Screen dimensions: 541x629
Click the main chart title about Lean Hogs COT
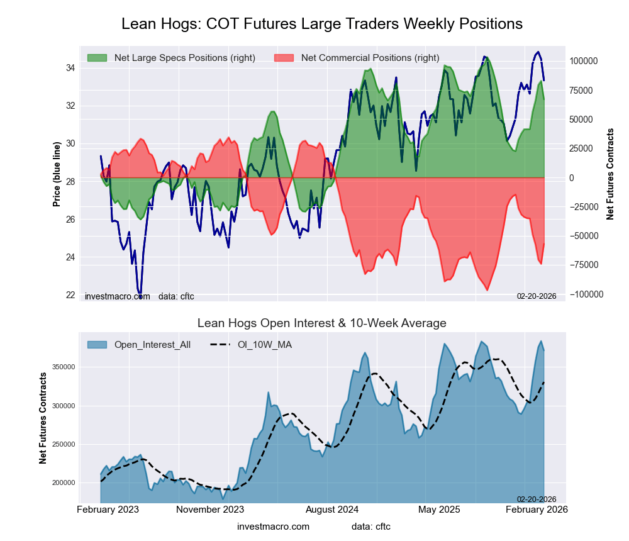(x=321, y=24)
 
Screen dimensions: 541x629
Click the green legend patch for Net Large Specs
(x=97, y=58)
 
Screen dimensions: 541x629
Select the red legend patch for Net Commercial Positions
(x=284, y=58)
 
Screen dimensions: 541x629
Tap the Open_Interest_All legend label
(x=152, y=345)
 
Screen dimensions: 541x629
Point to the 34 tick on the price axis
(x=71, y=68)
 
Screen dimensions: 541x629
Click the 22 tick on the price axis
(x=71, y=295)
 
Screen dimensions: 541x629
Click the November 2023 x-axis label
(x=210, y=509)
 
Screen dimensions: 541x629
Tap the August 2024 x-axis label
(x=330, y=509)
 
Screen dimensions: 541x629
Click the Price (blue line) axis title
(x=57, y=174)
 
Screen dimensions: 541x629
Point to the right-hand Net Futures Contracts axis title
(x=610, y=174)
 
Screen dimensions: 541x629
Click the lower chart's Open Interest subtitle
(x=321, y=323)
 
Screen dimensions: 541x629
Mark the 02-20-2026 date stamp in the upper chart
(x=537, y=296)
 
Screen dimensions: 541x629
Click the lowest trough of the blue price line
(x=140, y=292)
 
